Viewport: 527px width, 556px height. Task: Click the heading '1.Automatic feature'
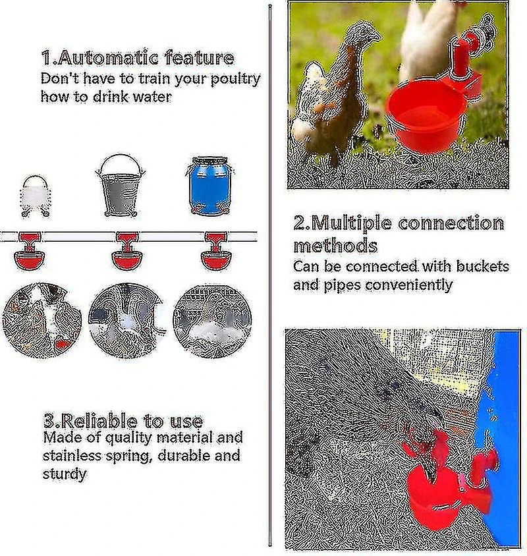click(x=138, y=58)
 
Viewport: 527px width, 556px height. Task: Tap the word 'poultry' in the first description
click(x=235, y=79)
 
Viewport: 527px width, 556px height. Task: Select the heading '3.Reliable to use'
click(x=123, y=421)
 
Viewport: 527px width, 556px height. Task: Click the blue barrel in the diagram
click(x=209, y=186)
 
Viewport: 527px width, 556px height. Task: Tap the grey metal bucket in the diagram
click(x=121, y=185)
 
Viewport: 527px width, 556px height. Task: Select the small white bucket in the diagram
click(x=36, y=196)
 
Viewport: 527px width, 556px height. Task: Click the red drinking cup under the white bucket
click(x=30, y=252)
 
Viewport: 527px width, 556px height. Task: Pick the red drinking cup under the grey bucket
click(x=127, y=252)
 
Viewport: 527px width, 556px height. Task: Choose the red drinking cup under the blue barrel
click(x=216, y=252)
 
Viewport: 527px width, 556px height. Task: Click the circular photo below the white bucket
click(x=42, y=320)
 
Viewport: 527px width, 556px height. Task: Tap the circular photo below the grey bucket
click(x=128, y=320)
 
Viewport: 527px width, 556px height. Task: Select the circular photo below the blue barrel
click(x=212, y=321)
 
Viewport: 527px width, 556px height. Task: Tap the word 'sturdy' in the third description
click(x=64, y=474)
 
